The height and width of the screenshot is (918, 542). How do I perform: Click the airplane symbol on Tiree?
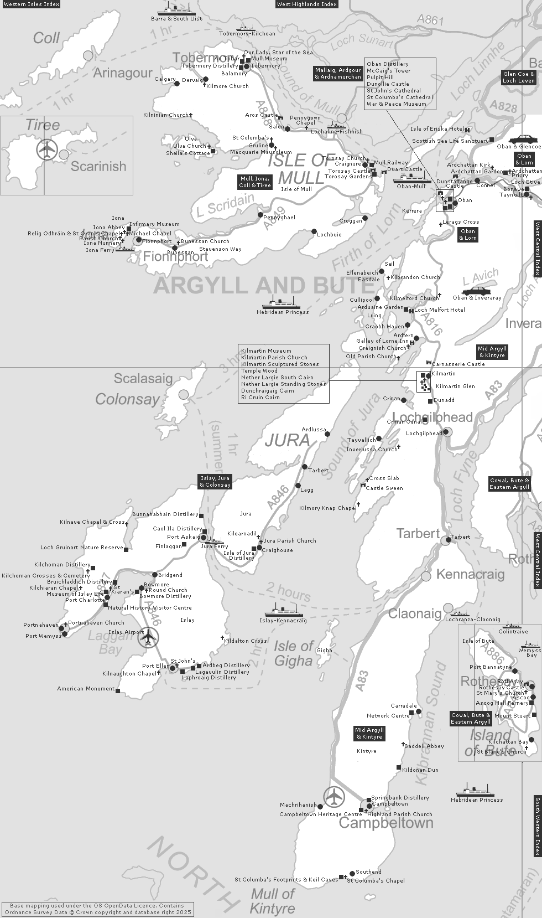click(47, 149)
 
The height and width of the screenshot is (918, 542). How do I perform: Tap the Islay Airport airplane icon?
click(148, 637)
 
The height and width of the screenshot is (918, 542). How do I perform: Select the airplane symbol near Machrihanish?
click(334, 797)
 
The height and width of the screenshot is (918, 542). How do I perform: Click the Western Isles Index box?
click(30, 4)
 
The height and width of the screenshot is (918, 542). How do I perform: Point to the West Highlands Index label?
click(307, 4)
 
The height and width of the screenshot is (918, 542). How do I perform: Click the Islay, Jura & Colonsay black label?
click(215, 481)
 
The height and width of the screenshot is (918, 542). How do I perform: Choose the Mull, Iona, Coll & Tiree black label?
click(255, 182)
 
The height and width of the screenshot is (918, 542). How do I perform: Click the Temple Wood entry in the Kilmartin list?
click(259, 370)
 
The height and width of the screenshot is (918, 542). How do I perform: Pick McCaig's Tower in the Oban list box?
click(388, 70)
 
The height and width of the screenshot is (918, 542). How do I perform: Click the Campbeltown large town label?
click(385, 823)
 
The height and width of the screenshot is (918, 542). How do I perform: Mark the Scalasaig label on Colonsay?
click(143, 379)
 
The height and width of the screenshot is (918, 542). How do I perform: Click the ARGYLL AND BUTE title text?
click(256, 286)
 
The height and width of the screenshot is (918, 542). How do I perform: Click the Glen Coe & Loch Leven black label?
click(518, 77)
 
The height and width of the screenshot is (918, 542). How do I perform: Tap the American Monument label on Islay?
click(86, 689)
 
